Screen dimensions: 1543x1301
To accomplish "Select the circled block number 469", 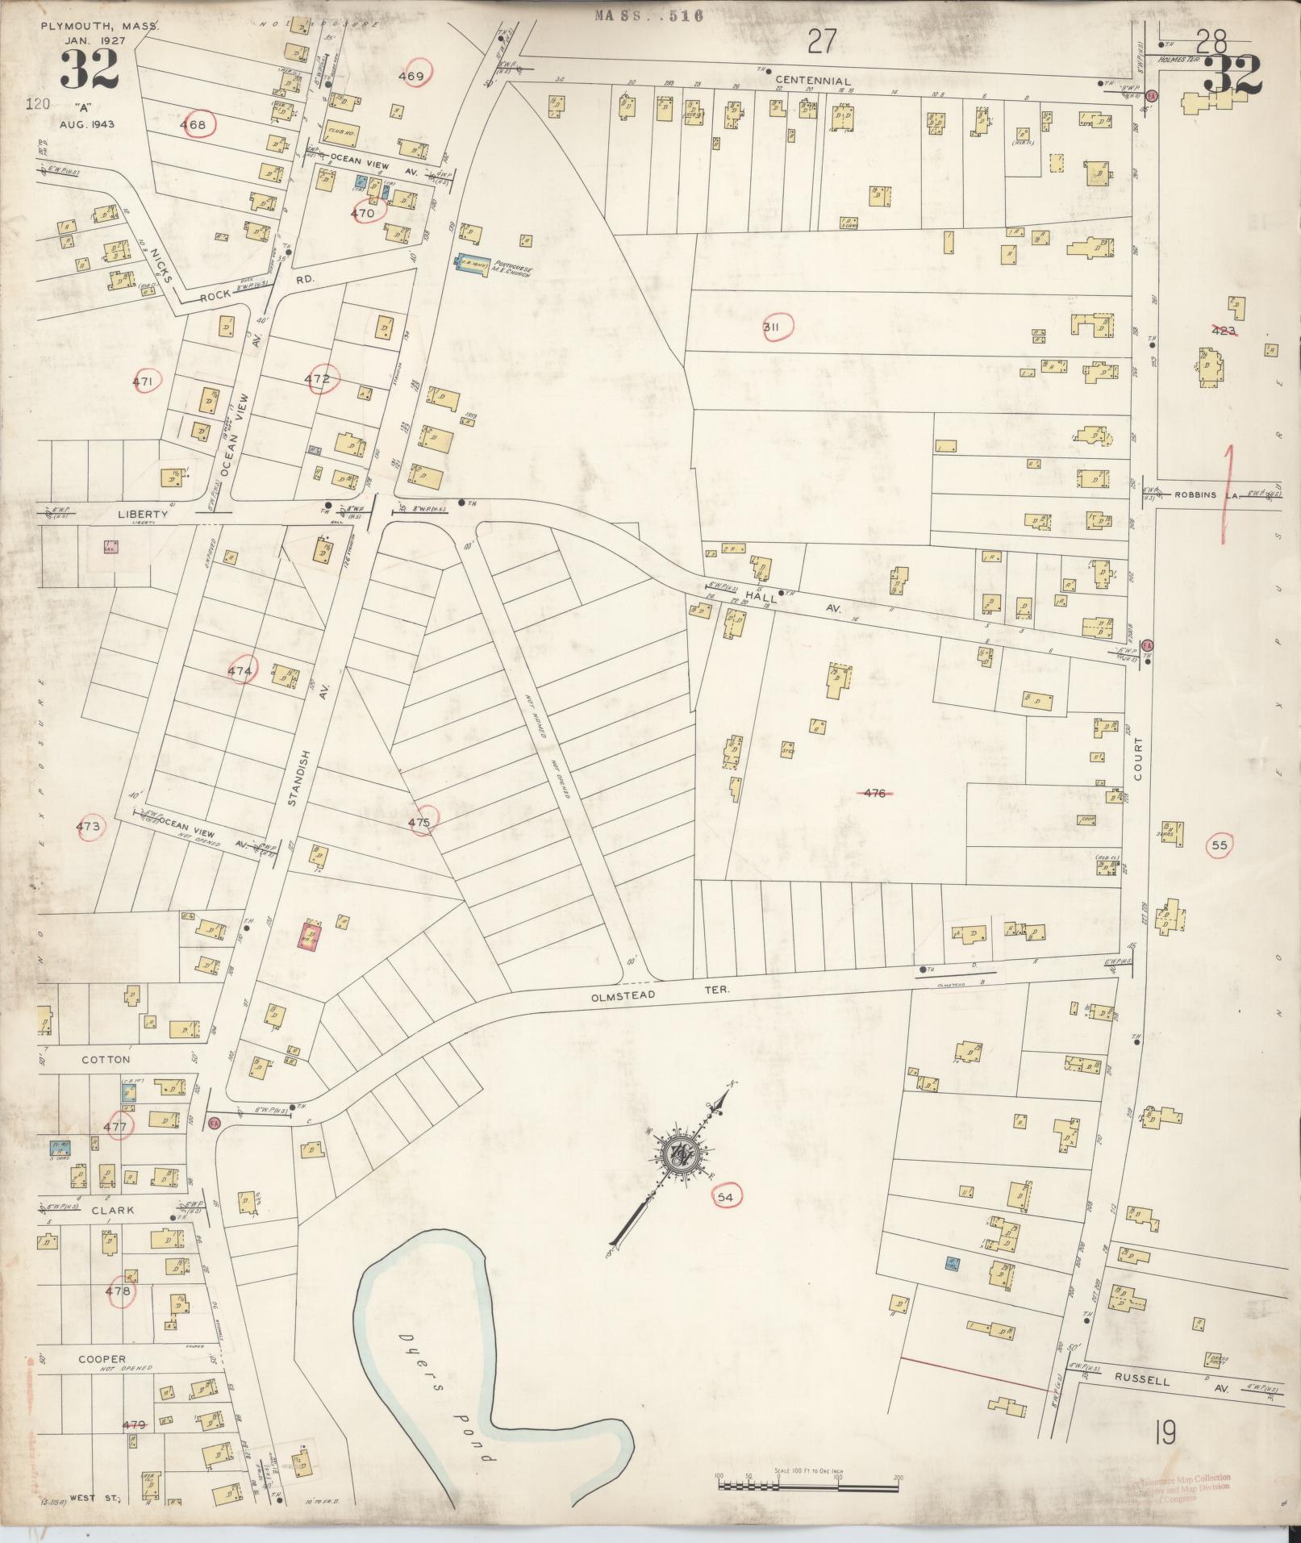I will point(412,77).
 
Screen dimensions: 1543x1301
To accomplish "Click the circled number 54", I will point(724,1197).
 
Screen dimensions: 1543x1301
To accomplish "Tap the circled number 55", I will point(1219,845).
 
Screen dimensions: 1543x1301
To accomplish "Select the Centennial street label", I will point(812,81).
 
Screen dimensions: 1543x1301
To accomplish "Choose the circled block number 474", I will point(240,670).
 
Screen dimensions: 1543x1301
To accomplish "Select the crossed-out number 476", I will point(874,793).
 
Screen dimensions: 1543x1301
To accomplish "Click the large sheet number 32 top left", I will point(88,70).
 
